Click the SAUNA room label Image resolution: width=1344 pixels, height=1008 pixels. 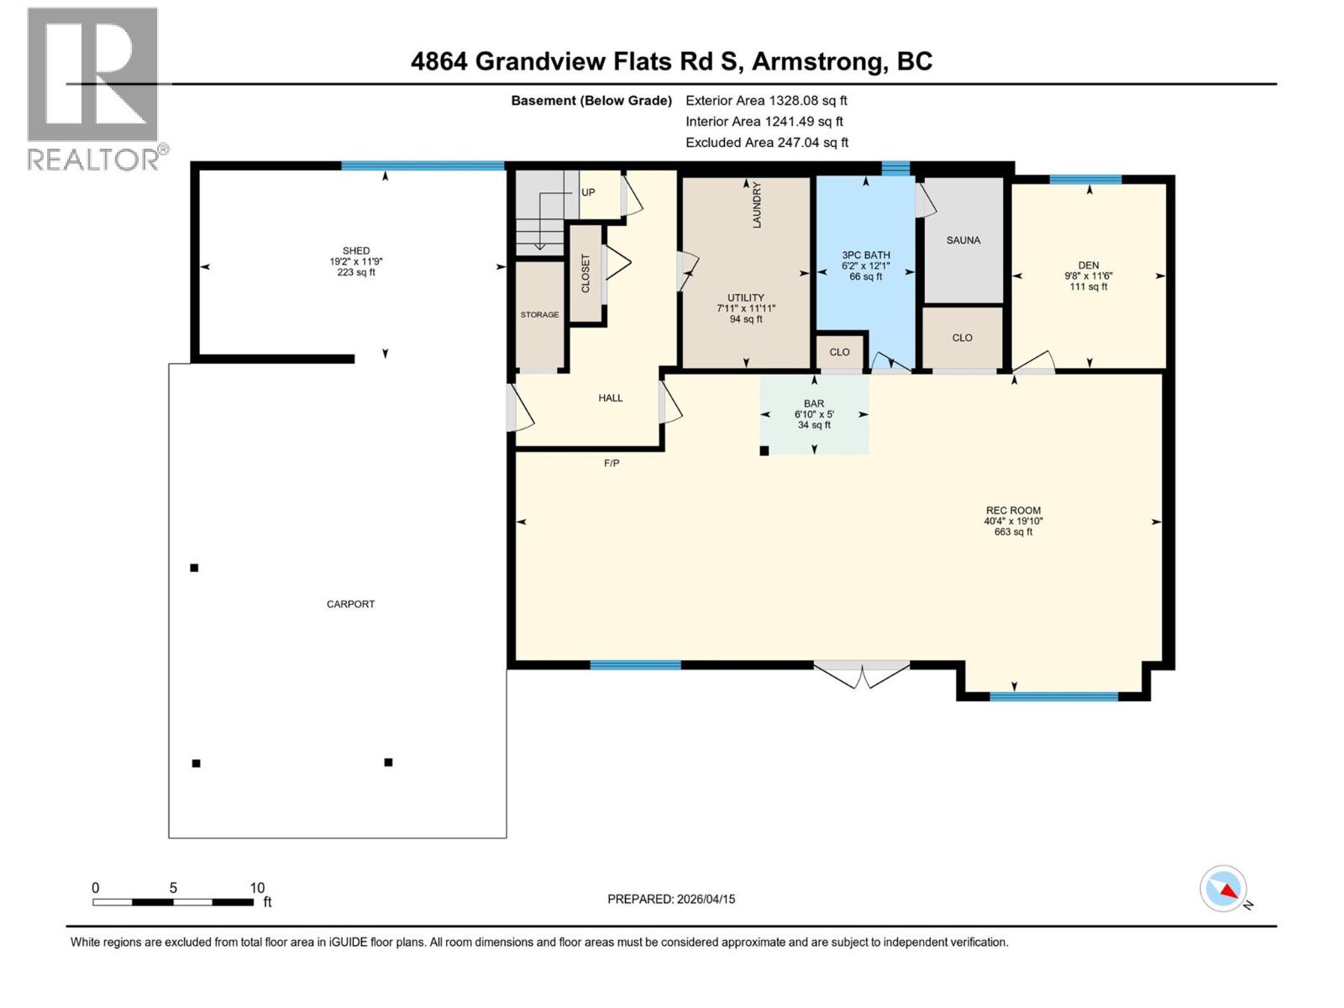[x=963, y=240]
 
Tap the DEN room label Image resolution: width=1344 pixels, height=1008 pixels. [x=1088, y=265]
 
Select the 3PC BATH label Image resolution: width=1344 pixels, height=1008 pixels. [x=865, y=255]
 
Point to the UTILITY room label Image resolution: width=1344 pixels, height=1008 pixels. [x=745, y=298]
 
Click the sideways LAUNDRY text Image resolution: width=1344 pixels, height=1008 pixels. [x=756, y=205]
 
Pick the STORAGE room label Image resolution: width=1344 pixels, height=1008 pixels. [x=539, y=315]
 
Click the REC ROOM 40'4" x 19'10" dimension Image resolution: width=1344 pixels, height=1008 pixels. [x=1013, y=521]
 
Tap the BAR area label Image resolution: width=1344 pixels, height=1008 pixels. [x=813, y=404]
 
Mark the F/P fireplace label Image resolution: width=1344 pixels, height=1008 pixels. [x=612, y=463]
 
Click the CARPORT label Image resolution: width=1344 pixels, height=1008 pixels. [x=350, y=604]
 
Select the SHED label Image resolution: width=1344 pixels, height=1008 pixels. [x=355, y=250]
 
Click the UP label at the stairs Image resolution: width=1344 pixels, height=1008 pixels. [x=588, y=192]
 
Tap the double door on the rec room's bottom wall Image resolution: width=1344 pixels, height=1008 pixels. [x=862, y=672]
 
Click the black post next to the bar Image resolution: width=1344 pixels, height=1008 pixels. [x=764, y=451]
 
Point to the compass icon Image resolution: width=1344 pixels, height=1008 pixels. [x=1224, y=889]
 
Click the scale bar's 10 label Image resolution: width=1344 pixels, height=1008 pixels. [x=257, y=888]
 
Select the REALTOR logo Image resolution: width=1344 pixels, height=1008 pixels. [x=94, y=88]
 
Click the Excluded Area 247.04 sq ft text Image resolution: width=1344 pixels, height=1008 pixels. [x=766, y=143]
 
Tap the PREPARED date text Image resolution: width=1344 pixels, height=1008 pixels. [x=670, y=899]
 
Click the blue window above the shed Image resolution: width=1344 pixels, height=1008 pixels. [x=423, y=165]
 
